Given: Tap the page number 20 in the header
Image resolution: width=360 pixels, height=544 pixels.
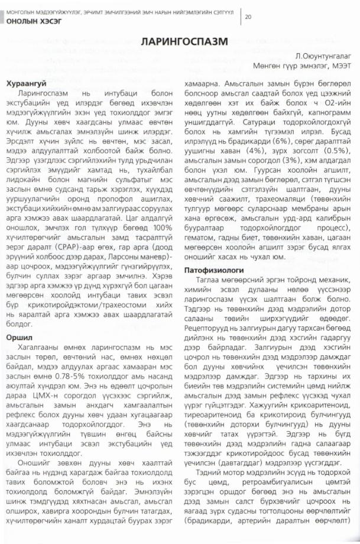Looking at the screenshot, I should (248, 17).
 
